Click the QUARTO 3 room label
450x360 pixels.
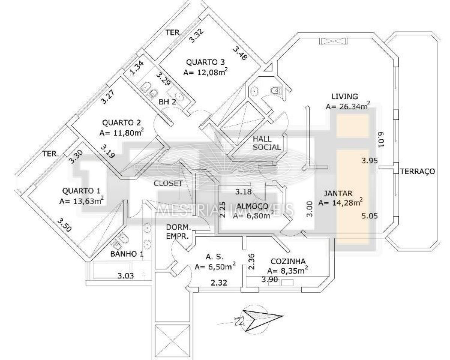(205, 62)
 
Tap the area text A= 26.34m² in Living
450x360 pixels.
(348, 106)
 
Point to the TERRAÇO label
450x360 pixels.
(417, 171)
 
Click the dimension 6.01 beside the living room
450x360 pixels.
(381, 139)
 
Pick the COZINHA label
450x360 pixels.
(288, 261)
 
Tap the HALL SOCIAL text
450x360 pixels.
(267, 143)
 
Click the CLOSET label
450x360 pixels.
(168, 183)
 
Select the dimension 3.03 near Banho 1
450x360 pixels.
(126, 276)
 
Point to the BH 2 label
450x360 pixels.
(167, 102)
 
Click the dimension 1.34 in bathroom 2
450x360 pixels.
(137, 67)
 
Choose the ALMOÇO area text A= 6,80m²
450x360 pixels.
(253, 215)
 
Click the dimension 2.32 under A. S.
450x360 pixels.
(219, 283)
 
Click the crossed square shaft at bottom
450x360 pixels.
(172, 342)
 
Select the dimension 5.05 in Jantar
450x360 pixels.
(369, 216)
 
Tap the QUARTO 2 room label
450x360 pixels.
(121, 122)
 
